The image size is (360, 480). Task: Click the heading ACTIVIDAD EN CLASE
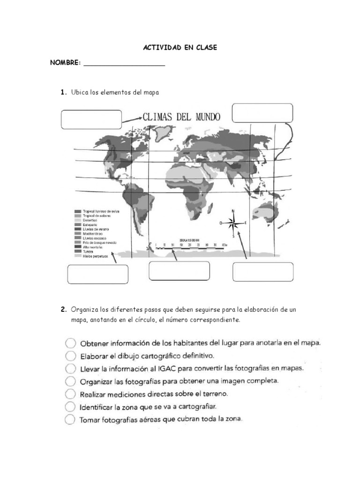click(180, 48)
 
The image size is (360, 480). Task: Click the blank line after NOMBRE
click(124, 65)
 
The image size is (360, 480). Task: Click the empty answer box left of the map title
click(91, 120)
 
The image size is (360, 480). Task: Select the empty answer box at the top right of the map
click(262, 113)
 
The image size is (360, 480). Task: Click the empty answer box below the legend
click(97, 274)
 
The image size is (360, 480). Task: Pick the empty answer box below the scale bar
click(179, 271)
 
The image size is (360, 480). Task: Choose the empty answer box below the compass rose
click(263, 272)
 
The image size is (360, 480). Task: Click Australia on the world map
click(263, 212)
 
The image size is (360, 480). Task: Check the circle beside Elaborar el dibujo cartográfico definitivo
click(70, 355)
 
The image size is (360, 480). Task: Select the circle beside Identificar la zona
click(70, 406)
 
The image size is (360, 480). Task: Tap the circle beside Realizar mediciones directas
click(70, 393)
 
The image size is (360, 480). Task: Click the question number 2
click(62, 310)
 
